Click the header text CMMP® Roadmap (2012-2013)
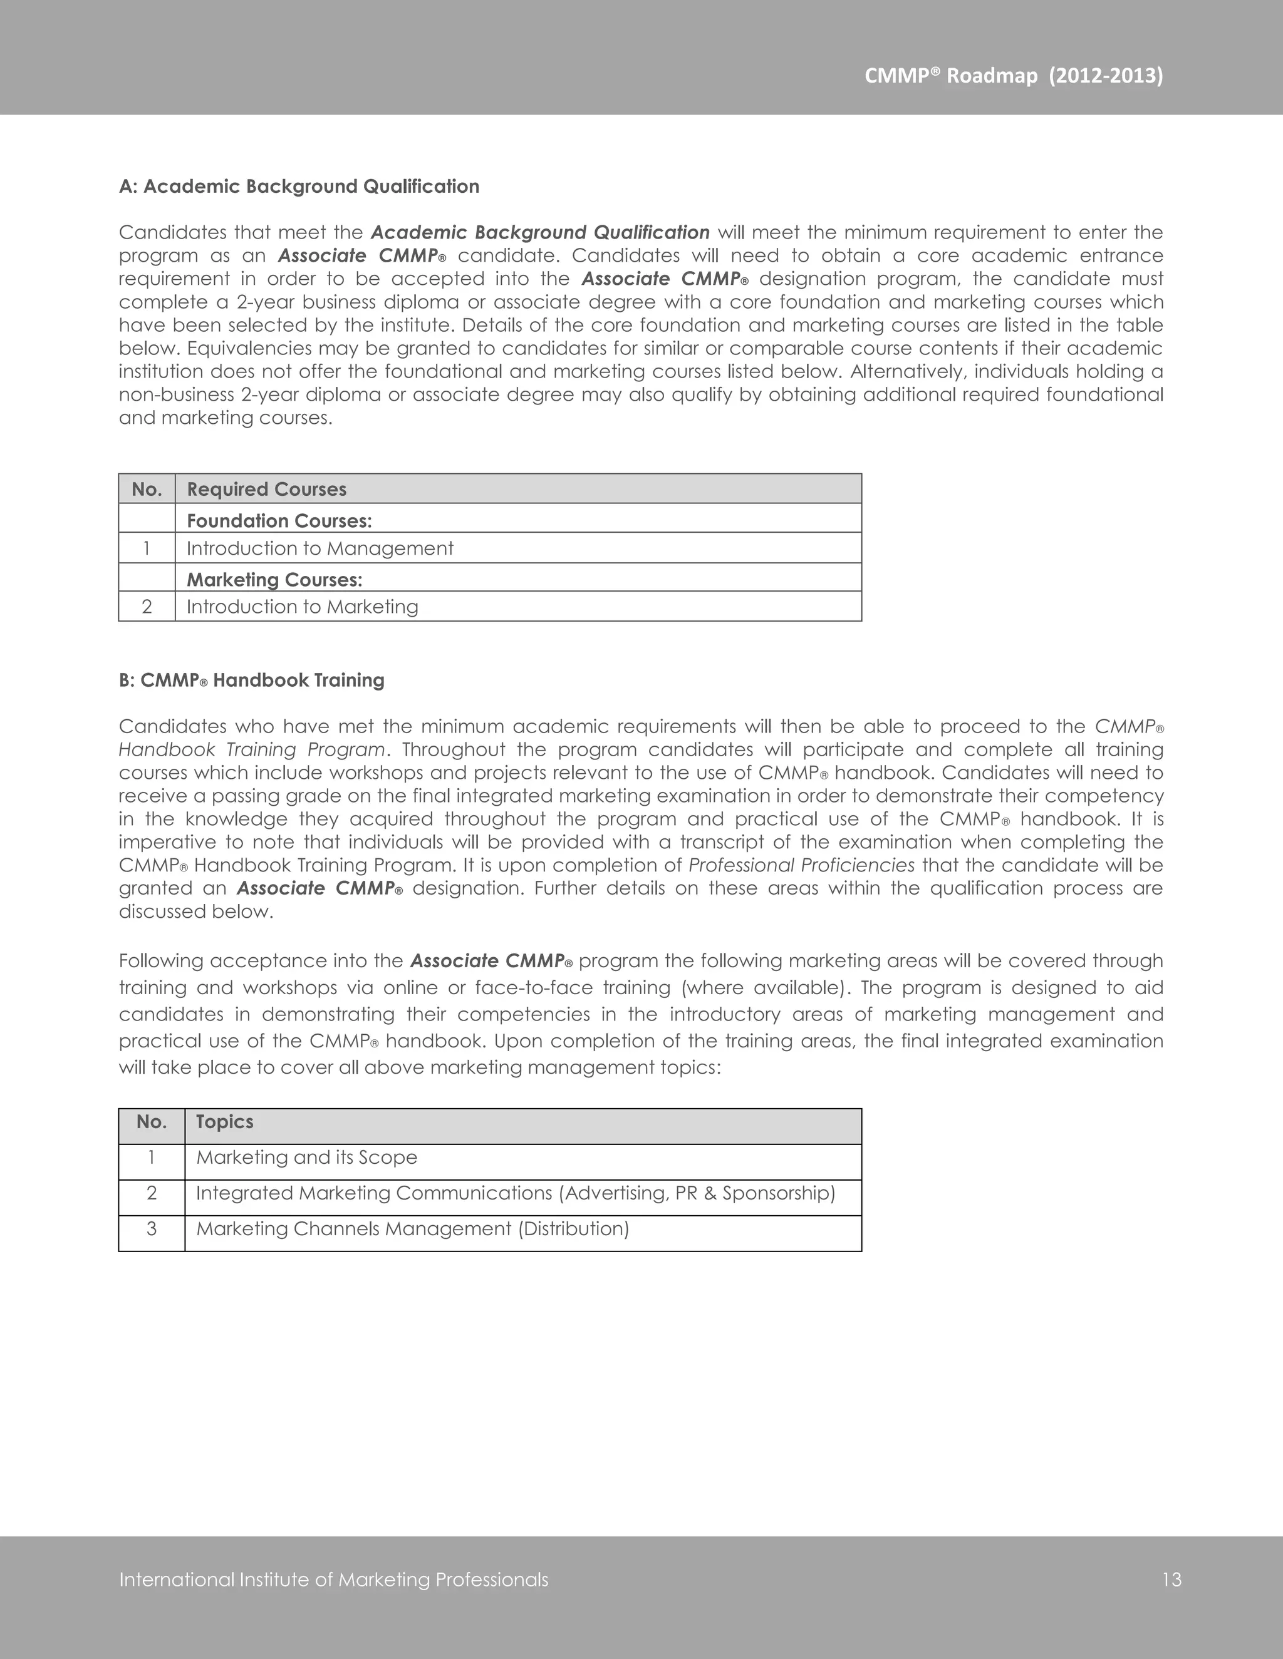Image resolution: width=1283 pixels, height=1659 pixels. (x=1013, y=76)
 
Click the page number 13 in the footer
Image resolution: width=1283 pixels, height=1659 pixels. (x=1171, y=1580)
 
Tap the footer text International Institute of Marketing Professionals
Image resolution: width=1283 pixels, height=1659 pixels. (x=334, y=1580)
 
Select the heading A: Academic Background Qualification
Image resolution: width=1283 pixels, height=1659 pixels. (x=299, y=187)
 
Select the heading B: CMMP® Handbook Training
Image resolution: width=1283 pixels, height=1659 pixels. (x=252, y=680)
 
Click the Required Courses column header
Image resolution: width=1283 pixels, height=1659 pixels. (x=267, y=489)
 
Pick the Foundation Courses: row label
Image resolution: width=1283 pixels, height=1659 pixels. (x=279, y=520)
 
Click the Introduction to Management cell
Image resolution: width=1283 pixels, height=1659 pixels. (x=320, y=548)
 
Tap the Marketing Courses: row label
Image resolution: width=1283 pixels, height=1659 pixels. (x=274, y=580)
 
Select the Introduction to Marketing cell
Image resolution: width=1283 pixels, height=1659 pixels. (x=303, y=607)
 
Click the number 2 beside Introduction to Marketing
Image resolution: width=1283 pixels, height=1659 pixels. (x=147, y=607)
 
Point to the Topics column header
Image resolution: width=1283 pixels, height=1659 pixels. (x=224, y=1122)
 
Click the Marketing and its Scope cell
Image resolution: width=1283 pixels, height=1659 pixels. (x=306, y=1158)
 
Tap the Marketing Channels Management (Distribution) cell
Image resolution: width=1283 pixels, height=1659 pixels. (x=413, y=1229)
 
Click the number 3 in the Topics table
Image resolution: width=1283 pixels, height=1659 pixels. (x=151, y=1229)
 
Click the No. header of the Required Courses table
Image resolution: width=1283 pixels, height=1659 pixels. (x=147, y=489)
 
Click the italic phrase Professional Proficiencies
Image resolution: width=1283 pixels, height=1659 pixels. (x=801, y=865)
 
